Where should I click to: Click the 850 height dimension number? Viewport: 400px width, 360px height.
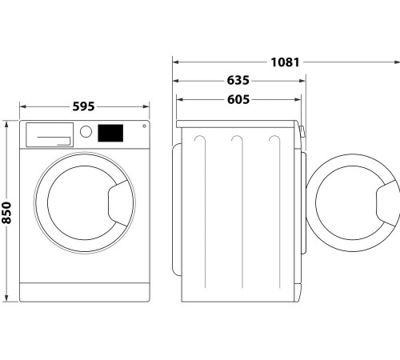pos(7,212)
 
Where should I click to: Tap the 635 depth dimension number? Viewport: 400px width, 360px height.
pos(238,81)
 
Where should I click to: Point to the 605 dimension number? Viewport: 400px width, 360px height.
pos(238,100)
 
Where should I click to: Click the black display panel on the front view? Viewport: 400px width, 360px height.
pos(110,133)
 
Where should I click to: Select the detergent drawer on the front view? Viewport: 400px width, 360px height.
pos(49,134)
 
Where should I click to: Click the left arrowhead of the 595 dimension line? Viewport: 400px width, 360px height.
pos(22,106)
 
